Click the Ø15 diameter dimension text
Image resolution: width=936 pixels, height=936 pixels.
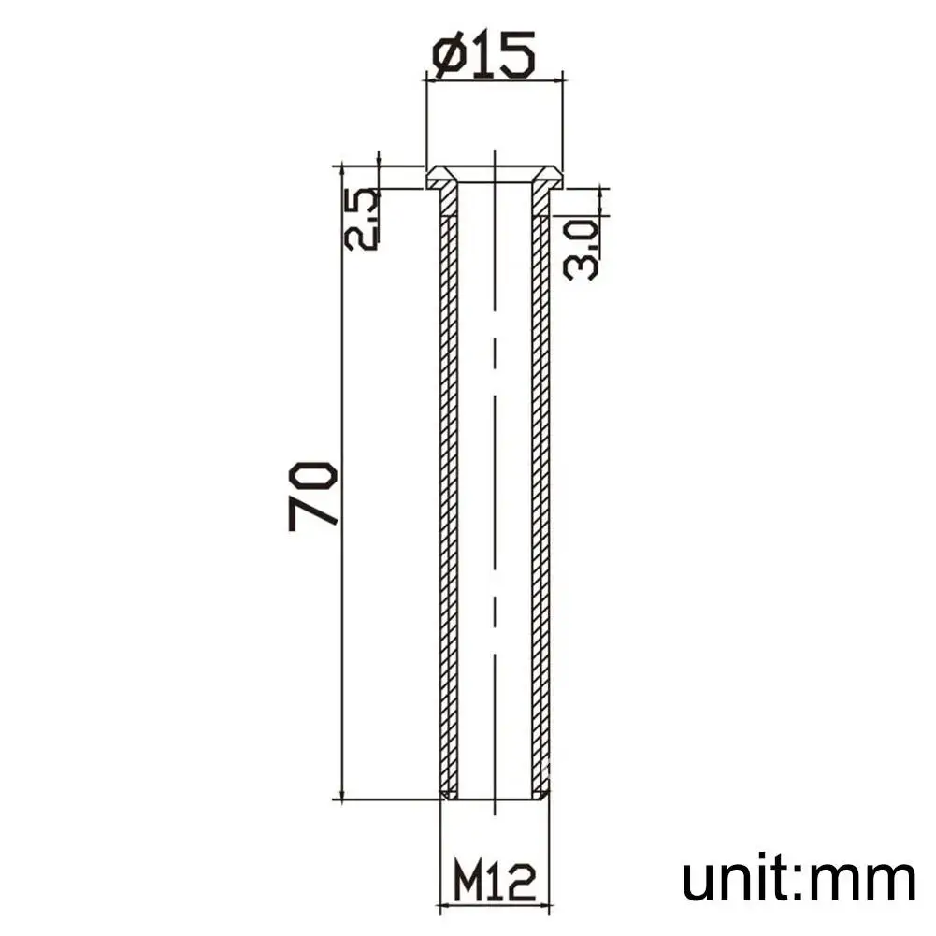pyautogui.click(x=484, y=55)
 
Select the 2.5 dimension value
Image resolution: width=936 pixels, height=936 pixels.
pyautogui.click(x=362, y=219)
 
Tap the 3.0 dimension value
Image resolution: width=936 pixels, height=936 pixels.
pyautogui.click(x=581, y=248)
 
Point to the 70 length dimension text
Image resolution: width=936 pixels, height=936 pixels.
pyautogui.click(x=314, y=496)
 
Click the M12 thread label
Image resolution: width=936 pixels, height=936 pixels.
pyautogui.click(x=494, y=880)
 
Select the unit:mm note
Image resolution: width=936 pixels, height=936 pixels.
pyautogui.click(x=798, y=880)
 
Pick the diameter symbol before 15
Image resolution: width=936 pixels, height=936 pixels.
pyautogui.click(x=451, y=56)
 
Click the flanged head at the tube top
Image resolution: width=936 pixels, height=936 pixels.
pyautogui.click(x=495, y=174)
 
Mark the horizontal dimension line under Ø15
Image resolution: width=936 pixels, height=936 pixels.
pyautogui.click(x=495, y=80)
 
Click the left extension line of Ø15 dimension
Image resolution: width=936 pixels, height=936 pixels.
pyautogui.click(x=426, y=122)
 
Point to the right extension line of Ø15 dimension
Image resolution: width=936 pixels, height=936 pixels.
pyautogui.click(x=563, y=122)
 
